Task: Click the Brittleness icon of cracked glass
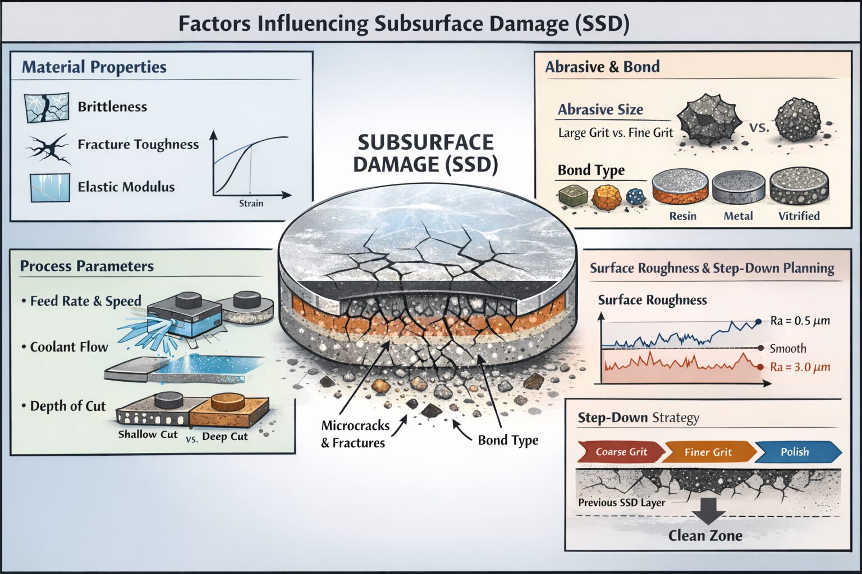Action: point(47,107)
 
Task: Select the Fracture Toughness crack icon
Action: point(48,148)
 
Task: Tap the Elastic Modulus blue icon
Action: point(50,187)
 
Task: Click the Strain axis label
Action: point(251,203)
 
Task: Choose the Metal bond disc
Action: point(738,188)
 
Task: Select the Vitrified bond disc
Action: point(799,187)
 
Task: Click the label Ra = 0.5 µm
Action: point(800,321)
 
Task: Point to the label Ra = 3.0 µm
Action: point(800,367)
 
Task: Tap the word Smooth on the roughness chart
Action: point(787,349)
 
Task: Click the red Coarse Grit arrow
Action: point(621,452)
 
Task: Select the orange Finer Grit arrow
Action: point(708,452)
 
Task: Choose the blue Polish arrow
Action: point(796,452)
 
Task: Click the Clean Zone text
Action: point(705,536)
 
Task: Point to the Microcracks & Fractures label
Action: point(354,434)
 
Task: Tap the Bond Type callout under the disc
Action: point(508,440)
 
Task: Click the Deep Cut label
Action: point(224,436)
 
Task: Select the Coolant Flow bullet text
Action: point(68,347)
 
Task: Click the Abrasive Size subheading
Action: point(600,110)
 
